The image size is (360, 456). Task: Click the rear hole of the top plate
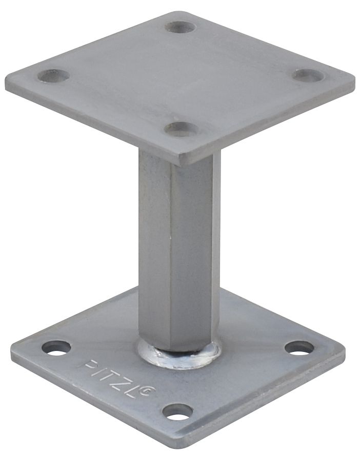click(180, 27)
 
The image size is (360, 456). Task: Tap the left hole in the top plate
click(53, 76)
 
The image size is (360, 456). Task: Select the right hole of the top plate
click(308, 75)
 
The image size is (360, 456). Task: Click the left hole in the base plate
click(56, 348)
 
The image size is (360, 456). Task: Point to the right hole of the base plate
click(299, 348)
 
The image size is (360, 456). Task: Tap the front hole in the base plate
click(177, 411)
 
